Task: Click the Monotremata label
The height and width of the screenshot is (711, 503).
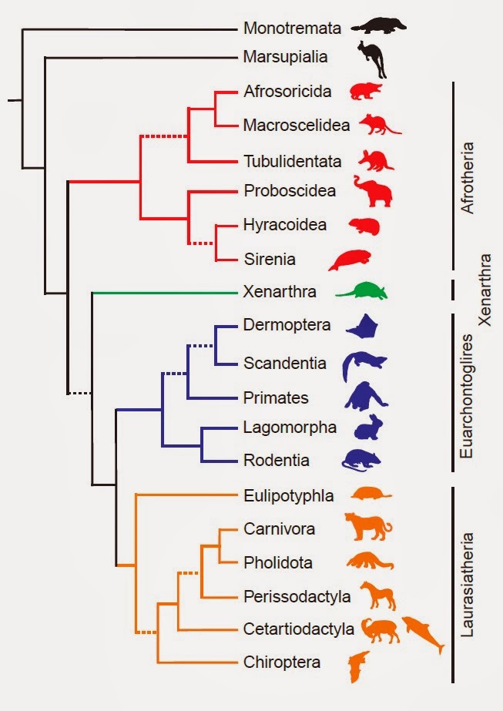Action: click(291, 29)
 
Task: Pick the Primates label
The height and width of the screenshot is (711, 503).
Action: click(275, 398)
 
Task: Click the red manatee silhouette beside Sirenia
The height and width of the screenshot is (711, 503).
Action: click(351, 260)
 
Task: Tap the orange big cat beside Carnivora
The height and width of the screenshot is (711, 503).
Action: click(368, 528)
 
